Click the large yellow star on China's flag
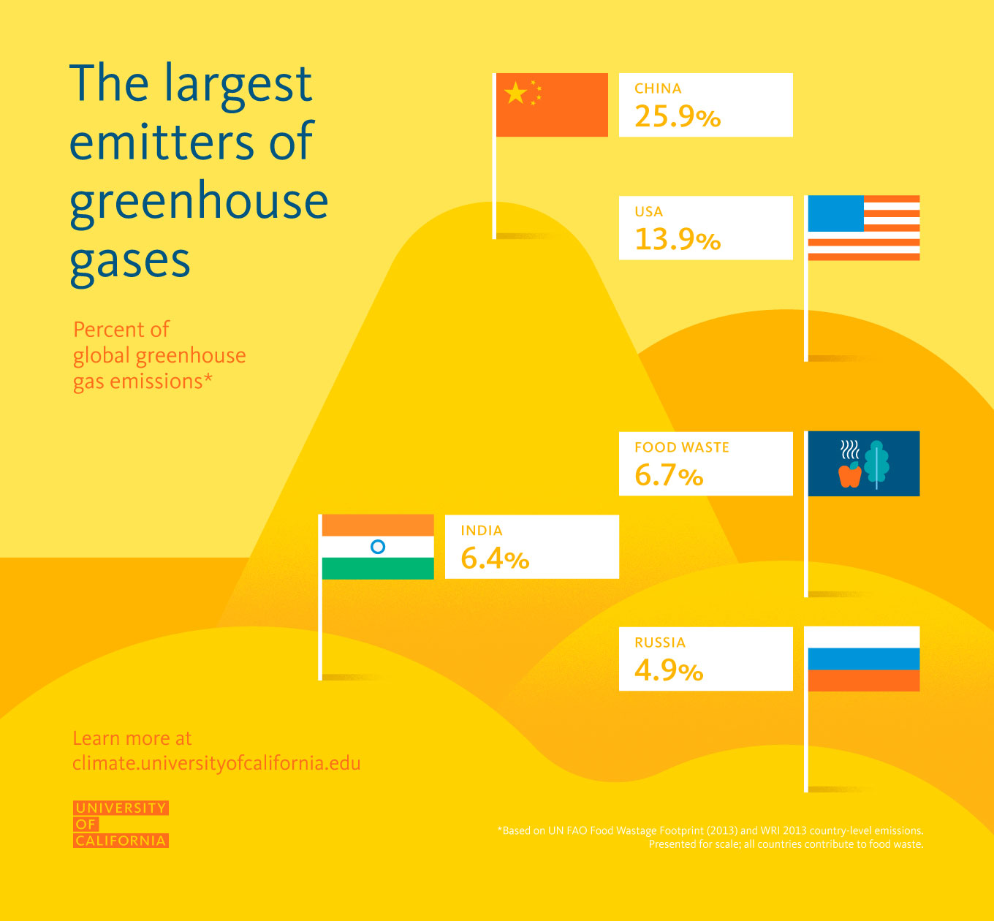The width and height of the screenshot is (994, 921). [x=516, y=93]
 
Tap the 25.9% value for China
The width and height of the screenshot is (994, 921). [x=677, y=117]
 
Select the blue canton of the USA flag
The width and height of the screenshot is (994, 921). [x=835, y=213]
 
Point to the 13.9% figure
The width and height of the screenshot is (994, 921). [x=677, y=240]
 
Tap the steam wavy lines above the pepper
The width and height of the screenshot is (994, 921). [x=849, y=449]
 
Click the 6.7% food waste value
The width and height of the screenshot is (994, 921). [x=668, y=476]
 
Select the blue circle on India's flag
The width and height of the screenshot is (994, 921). [x=378, y=547]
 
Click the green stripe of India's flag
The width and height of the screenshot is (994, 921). [x=378, y=569]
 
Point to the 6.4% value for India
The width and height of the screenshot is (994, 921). [x=495, y=559]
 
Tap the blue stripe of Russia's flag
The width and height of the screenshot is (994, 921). [x=863, y=659]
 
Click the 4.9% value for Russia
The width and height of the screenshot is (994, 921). [x=668, y=670]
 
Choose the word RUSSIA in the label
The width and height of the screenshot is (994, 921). [x=660, y=643]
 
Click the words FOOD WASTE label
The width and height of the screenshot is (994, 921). [x=682, y=447]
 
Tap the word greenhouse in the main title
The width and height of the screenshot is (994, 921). [x=199, y=203]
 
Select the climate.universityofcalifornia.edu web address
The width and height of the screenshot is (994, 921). [x=216, y=763]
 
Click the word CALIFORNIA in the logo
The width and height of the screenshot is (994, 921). [x=121, y=841]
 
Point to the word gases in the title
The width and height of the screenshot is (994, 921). [x=130, y=262]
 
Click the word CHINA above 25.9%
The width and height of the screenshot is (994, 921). [x=658, y=88]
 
